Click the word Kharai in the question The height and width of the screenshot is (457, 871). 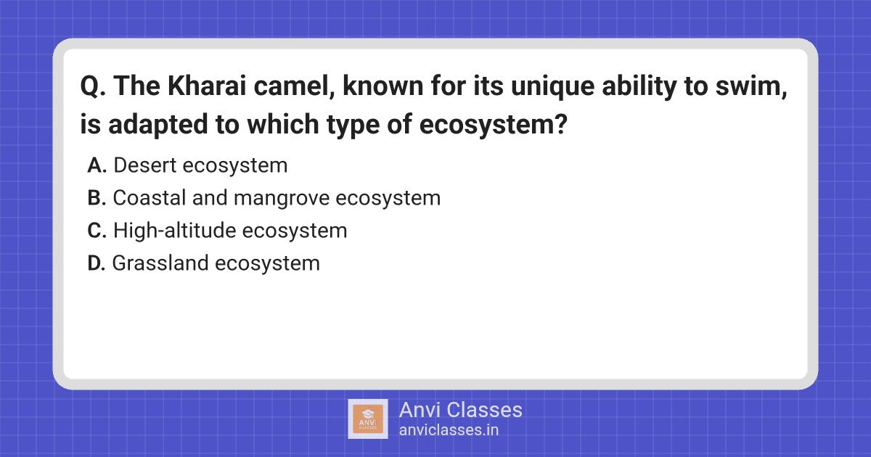(x=207, y=86)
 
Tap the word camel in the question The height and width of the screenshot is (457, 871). (x=294, y=86)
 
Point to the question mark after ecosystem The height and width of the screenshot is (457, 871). (x=560, y=123)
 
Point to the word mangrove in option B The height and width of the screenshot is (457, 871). (x=281, y=199)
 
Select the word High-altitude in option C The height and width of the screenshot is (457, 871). (x=175, y=231)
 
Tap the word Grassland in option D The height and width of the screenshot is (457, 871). (x=160, y=263)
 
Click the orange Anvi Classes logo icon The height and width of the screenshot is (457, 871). (x=368, y=419)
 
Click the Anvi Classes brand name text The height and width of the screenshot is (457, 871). (x=460, y=410)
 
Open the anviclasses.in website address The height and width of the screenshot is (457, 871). (x=449, y=430)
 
